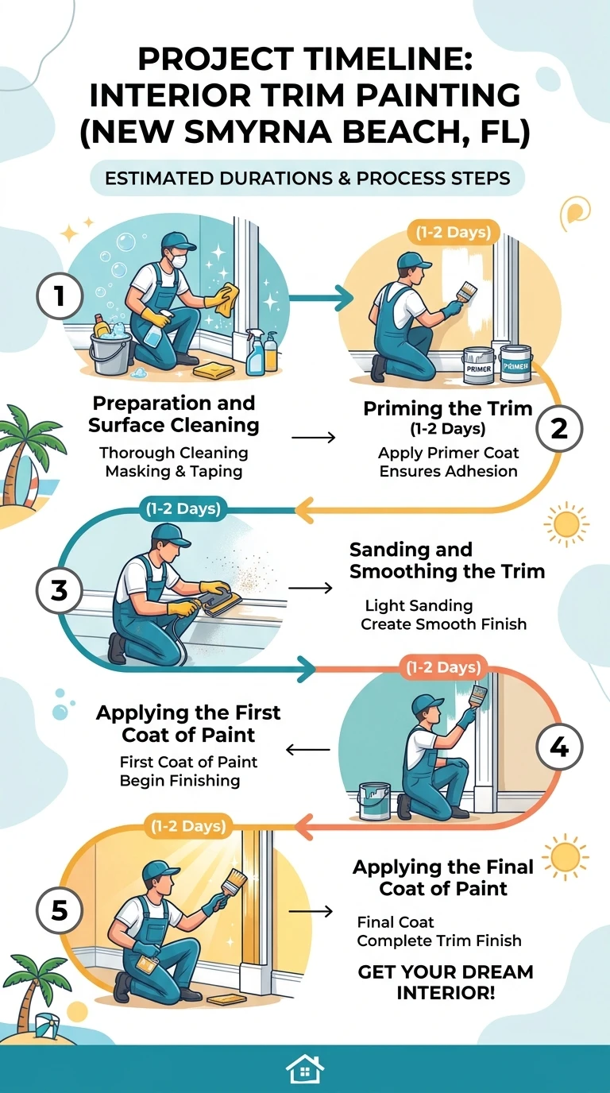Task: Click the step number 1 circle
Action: point(60,296)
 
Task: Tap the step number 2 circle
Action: point(559,428)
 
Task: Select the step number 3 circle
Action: point(59,590)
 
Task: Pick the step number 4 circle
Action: point(559,747)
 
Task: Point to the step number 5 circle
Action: point(59,910)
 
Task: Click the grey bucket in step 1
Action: point(110,351)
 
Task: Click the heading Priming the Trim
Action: point(447,408)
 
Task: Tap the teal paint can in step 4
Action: point(375,801)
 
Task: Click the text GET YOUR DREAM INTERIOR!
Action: point(445,983)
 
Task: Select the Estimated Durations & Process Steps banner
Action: point(307,178)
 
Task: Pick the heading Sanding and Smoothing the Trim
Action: point(447,560)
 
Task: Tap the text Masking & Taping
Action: point(174,471)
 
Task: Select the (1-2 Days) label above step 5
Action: point(188,826)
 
